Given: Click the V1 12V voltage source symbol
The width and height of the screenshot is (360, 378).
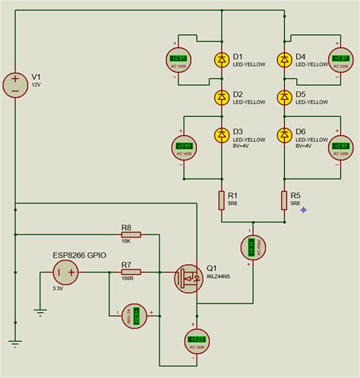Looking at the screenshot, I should pyautogui.click(x=14, y=83).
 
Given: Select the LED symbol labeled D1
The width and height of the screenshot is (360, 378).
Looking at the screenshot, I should pyautogui.click(x=222, y=59).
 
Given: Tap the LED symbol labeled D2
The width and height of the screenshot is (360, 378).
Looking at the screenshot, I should pyautogui.click(x=222, y=97).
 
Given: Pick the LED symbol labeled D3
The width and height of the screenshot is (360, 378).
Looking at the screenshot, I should pyautogui.click(x=222, y=135).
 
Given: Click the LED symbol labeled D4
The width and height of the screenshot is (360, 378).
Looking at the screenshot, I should pyautogui.click(x=285, y=59).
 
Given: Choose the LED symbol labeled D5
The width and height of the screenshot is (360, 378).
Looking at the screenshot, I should pyautogui.click(x=285, y=97).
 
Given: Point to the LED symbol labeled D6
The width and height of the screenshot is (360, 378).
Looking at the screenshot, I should pyautogui.click(x=285, y=135).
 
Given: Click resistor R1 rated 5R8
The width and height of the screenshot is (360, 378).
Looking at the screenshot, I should pyautogui.click(x=222, y=200).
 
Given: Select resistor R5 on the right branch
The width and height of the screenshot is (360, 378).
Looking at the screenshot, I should pyautogui.click(x=285, y=200).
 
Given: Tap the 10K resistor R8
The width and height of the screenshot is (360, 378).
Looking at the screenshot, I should pyautogui.click(x=131, y=235).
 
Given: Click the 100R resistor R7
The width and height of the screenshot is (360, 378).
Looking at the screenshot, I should pyautogui.click(x=131, y=272).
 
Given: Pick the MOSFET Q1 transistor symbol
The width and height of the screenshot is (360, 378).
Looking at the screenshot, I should pyautogui.click(x=187, y=278).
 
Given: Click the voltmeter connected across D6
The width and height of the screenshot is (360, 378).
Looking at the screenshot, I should pyautogui.click(x=339, y=147).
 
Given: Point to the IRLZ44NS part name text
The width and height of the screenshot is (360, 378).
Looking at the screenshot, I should pyautogui.click(x=220, y=277).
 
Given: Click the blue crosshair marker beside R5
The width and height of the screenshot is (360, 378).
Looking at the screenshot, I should pyautogui.click(x=304, y=209).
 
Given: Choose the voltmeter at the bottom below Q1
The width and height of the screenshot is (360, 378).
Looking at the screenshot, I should pyautogui.click(x=197, y=339).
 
